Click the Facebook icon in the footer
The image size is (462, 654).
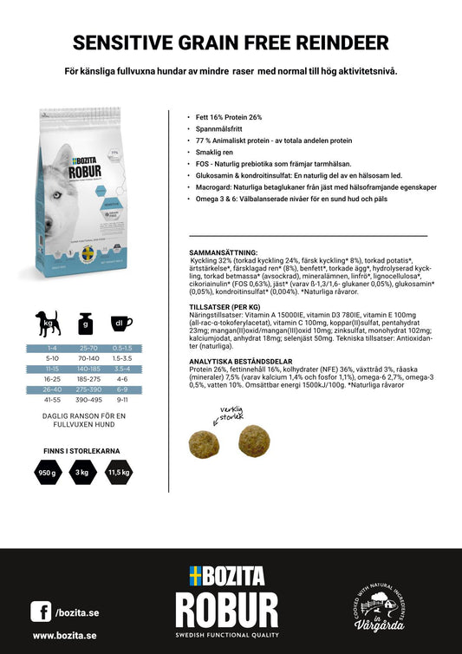pyautogui.click(x=41, y=611)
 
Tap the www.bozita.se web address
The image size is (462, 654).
pyautogui.click(x=64, y=636)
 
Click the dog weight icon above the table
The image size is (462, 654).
pyautogui.click(x=49, y=324)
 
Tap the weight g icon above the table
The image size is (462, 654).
pyautogui.click(x=86, y=324)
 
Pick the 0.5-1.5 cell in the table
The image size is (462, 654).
pyautogui.click(x=122, y=347)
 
